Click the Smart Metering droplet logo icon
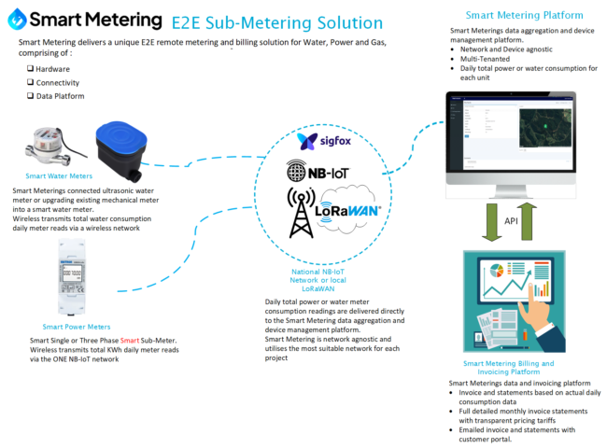click(17, 20)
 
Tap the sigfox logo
click(320, 141)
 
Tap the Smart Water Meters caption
click(61, 175)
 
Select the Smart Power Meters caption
click(76, 327)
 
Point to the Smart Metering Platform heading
click(524, 16)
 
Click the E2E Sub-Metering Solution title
click(265, 22)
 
